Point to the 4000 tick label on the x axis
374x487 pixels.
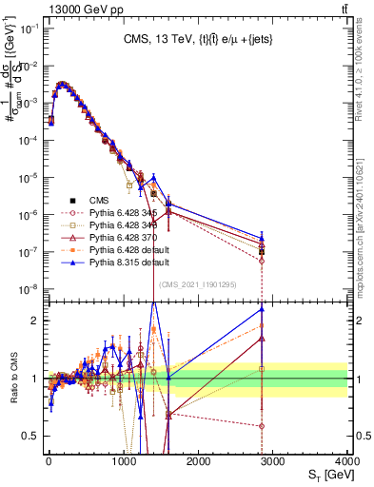[x=346, y=461]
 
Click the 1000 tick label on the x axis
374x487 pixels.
[x=123, y=461]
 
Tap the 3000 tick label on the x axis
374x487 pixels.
[x=272, y=461]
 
